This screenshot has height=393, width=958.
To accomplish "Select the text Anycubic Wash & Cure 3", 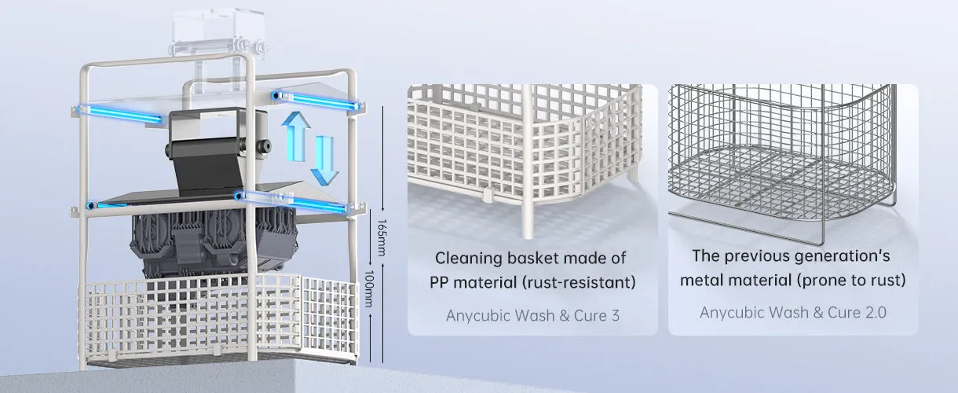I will [x=533, y=316].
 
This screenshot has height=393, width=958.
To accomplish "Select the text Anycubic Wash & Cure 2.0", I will [x=793, y=312].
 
